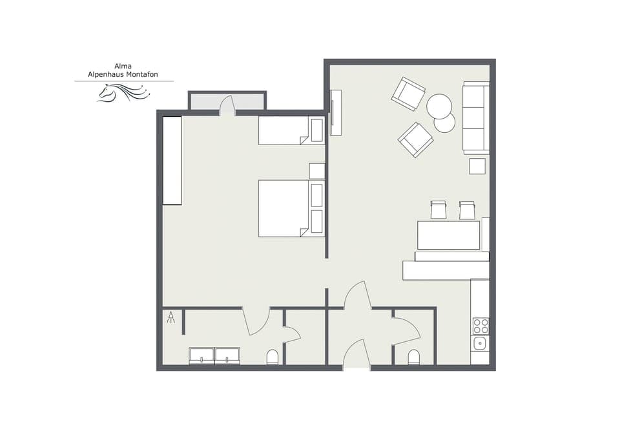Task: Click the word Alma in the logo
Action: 124,66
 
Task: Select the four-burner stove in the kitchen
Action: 480,326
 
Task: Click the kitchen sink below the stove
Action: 480,344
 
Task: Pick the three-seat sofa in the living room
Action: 476,117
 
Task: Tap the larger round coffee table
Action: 439,105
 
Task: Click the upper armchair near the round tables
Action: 408,94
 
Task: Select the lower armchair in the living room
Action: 415,139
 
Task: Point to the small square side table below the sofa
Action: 477,166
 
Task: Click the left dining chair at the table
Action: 439,210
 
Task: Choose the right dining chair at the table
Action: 467,210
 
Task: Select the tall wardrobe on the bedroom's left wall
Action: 172,160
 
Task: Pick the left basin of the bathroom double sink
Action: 201,356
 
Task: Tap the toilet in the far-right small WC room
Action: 413,357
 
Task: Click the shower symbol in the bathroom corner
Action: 171,317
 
